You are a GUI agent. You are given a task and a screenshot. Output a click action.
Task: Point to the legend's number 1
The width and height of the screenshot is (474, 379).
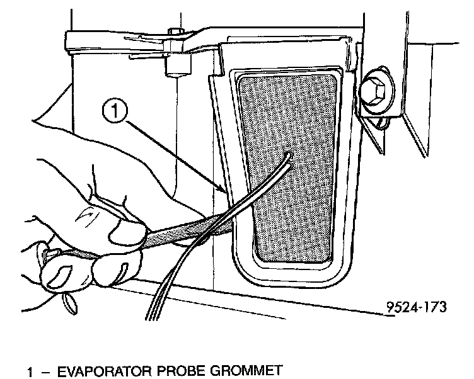(x=30, y=369)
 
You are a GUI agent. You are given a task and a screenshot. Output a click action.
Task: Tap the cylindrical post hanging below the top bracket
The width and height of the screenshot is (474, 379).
(x=172, y=66)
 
